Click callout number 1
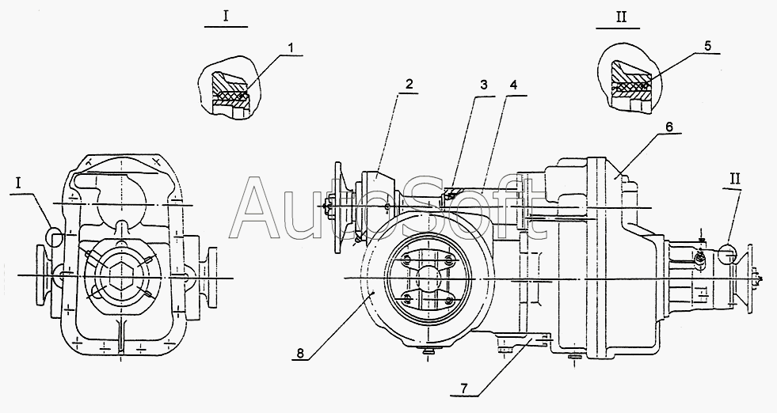click(291, 47)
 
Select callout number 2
click(409, 84)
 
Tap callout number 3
click(484, 85)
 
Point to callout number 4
click(513, 85)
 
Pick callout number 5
click(707, 46)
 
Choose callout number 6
click(669, 126)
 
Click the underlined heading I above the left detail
click(226, 17)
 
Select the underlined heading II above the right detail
click(621, 17)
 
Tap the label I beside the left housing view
click(18, 184)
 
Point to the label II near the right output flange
click(734, 179)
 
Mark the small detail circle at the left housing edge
click(55, 236)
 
